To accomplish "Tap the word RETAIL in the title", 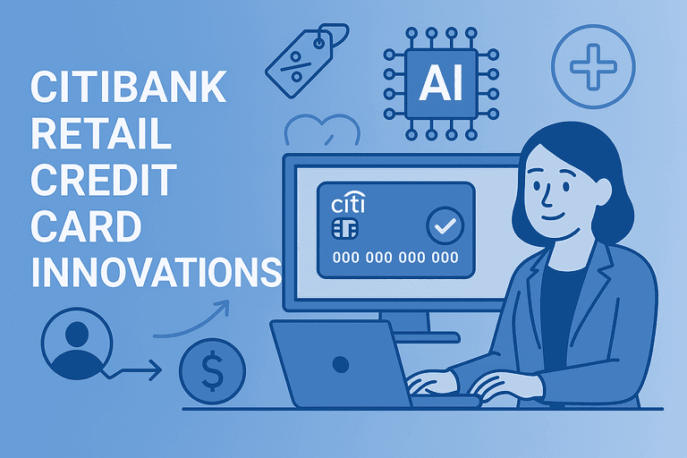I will click(100, 135).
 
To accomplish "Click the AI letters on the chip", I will click(440, 85).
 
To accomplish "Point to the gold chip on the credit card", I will click(343, 229).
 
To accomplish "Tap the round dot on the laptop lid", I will click(341, 363).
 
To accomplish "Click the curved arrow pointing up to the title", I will click(192, 322).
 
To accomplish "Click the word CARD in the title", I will click(86, 225).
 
